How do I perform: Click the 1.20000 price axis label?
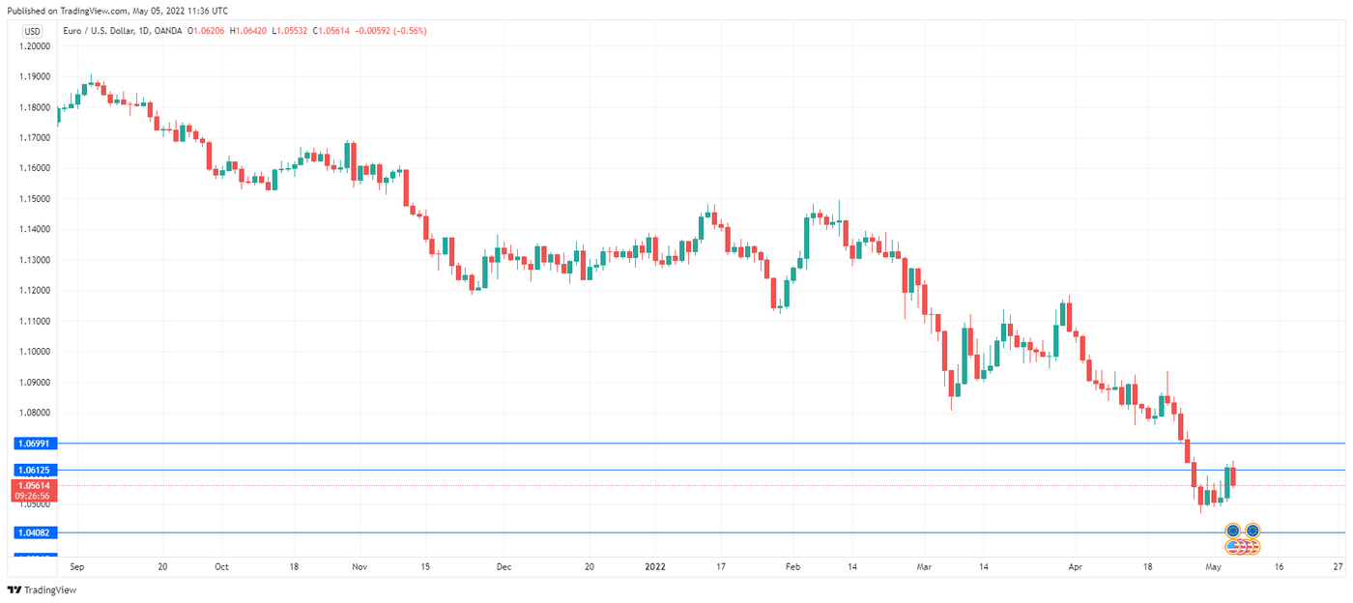pos(38,46)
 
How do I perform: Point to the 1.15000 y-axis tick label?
pos(38,199)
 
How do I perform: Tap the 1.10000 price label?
pos(38,352)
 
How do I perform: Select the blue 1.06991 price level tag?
pos(38,443)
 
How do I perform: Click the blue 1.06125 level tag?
pos(38,470)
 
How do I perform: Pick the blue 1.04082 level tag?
pos(38,532)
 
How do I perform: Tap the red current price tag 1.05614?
pos(38,485)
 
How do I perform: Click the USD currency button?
pos(33,31)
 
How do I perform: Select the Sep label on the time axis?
pos(77,567)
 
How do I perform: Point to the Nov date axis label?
pos(360,567)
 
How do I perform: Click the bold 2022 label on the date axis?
pos(655,567)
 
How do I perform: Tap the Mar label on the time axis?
pos(924,567)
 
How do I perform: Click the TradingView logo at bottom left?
pos(42,589)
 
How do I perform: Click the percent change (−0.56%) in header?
pos(405,31)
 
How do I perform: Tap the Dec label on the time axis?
pos(503,567)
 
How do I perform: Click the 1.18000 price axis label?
pos(38,107)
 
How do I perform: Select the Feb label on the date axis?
pos(792,567)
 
